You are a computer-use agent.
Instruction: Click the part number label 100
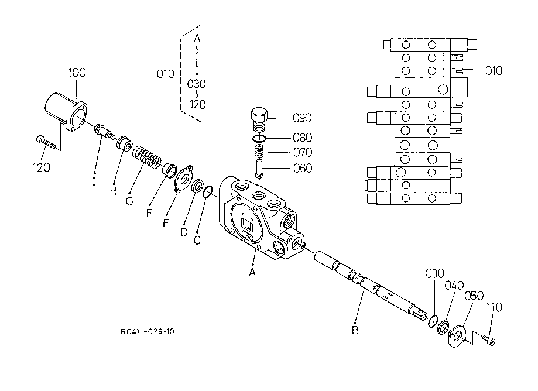tap(77, 73)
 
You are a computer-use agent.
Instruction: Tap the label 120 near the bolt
tap(41, 167)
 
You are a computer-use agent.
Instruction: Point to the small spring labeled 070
tap(259, 153)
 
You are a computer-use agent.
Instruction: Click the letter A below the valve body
tap(252, 273)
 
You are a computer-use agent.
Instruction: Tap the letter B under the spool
tap(355, 329)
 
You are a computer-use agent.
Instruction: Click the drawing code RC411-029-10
tap(147, 332)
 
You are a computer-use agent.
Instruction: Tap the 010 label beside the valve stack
tap(493, 71)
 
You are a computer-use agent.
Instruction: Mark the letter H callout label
tap(113, 191)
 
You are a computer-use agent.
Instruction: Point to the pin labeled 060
tap(258, 170)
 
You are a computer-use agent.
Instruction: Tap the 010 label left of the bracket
tap(166, 74)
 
